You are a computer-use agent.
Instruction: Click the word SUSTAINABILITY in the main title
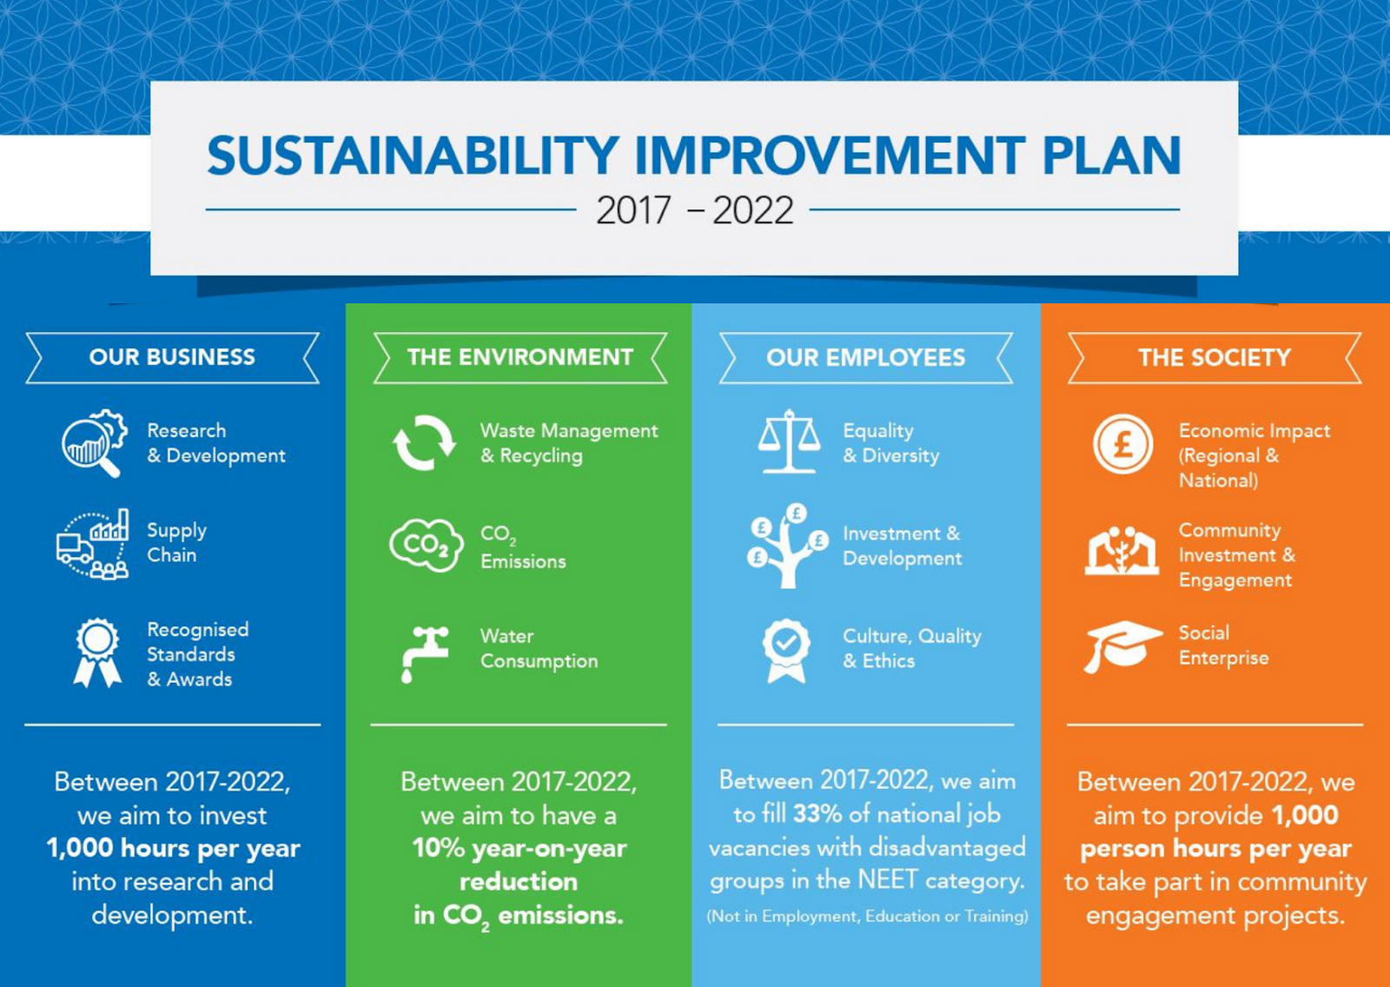coord(413,155)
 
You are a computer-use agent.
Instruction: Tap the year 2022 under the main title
coord(752,210)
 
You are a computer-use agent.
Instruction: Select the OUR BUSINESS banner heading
coord(172,358)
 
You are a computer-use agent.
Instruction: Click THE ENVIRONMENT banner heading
coord(520,358)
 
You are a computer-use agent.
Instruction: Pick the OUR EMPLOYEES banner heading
coord(865,358)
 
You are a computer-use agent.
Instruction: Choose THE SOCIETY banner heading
coord(1215,358)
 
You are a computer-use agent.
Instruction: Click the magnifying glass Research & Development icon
coord(95,443)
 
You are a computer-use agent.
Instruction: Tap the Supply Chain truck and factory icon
coord(92,545)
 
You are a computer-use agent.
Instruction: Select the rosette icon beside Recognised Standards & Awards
coord(97,653)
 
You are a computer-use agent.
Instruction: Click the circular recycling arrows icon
coord(424,443)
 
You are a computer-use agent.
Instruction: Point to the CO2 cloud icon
coord(427,545)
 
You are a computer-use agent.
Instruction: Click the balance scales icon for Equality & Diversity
coord(789,441)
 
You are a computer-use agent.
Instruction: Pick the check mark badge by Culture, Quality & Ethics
coord(786,651)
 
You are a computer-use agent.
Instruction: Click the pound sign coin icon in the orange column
coord(1122,445)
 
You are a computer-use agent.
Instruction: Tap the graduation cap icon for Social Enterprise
coord(1123,646)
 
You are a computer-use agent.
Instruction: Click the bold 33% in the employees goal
coord(817,814)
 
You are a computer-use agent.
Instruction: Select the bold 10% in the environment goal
coord(438,848)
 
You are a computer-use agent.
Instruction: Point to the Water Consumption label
coord(539,649)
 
